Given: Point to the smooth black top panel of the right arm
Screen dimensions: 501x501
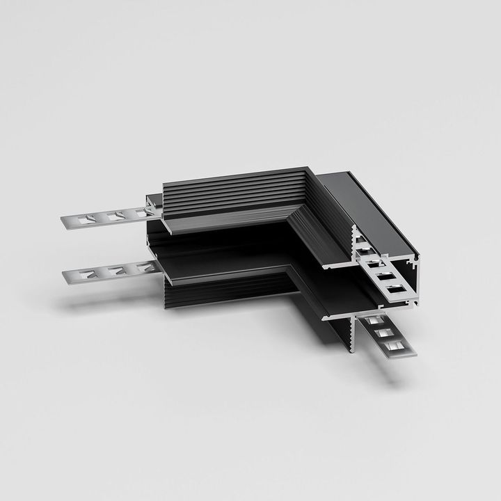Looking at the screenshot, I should point(369,209).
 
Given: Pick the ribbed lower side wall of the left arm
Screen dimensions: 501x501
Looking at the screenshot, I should point(223,292).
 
